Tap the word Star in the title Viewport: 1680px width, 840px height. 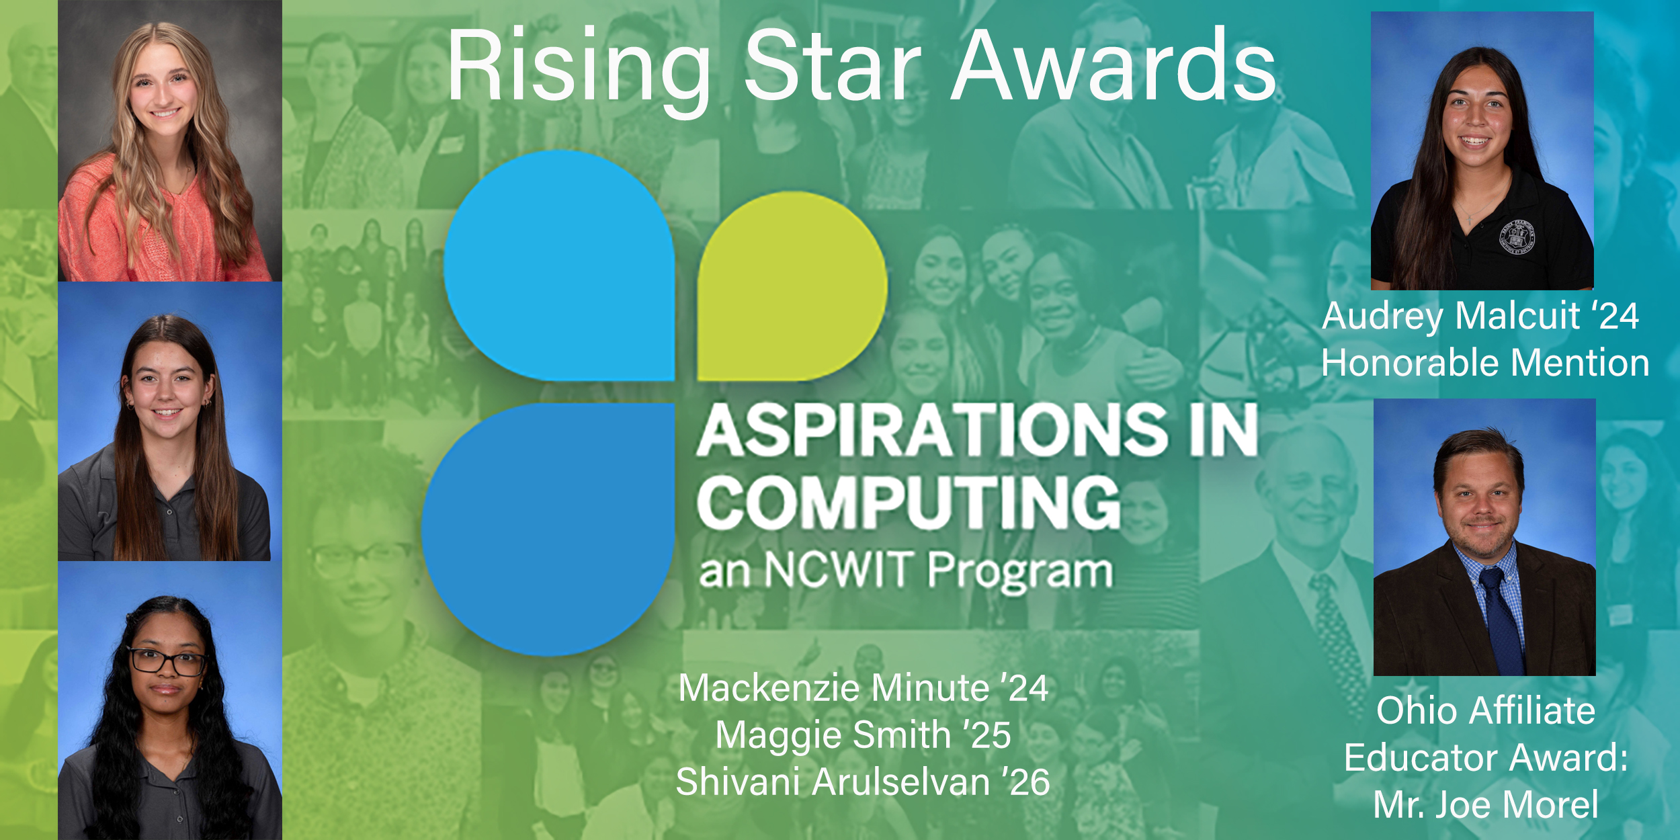[x=833, y=65]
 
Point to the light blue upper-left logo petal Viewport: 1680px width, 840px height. [x=559, y=266]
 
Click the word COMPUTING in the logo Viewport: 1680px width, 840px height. [x=909, y=502]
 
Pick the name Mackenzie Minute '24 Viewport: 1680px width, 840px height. [x=864, y=688]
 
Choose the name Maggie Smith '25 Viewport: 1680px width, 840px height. [x=863, y=735]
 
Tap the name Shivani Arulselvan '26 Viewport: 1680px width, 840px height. [x=863, y=782]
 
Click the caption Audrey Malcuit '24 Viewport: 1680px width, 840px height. [x=1481, y=317]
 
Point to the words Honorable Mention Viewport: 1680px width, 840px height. [x=1485, y=363]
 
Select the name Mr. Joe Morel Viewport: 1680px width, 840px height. [x=1486, y=805]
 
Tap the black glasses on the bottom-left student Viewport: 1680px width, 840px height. [x=167, y=661]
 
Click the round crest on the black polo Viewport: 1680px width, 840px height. [x=1517, y=236]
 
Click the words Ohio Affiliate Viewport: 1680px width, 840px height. [x=1485, y=711]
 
